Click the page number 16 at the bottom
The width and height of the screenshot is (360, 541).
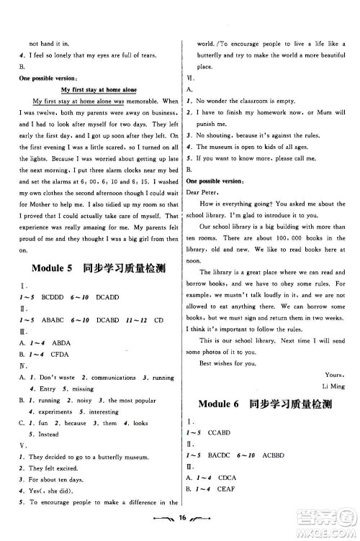[x=184, y=520]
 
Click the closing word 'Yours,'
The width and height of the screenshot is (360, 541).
[x=335, y=374]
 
